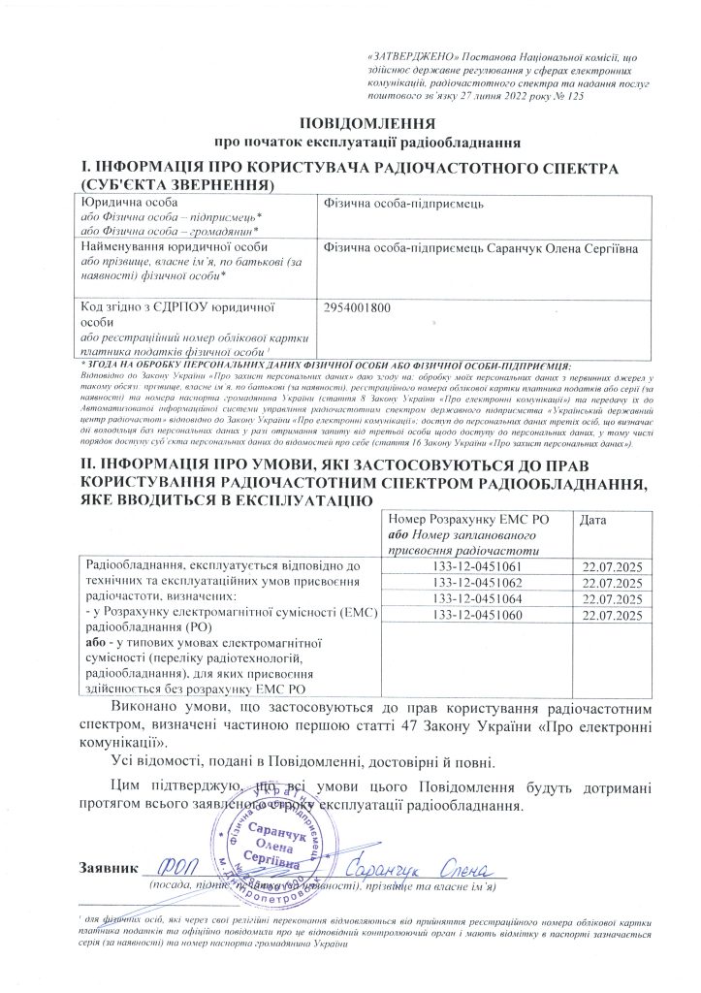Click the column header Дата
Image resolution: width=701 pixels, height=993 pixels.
pos(593,521)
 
